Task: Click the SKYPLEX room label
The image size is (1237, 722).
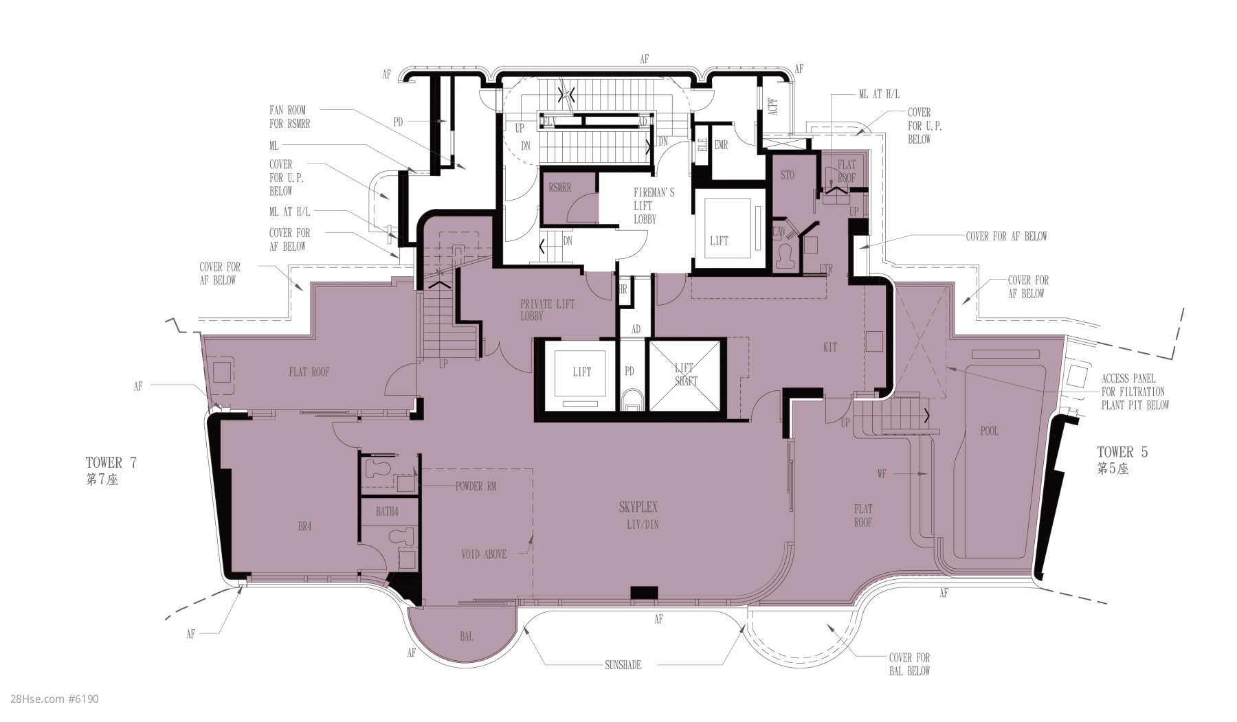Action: click(x=638, y=508)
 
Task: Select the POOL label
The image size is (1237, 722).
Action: click(x=990, y=431)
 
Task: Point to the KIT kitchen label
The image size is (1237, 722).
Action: click(x=830, y=347)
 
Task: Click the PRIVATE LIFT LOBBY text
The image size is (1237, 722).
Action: click(x=547, y=310)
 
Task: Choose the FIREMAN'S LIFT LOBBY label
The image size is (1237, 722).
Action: click(x=654, y=205)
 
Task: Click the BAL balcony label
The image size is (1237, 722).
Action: click(x=467, y=636)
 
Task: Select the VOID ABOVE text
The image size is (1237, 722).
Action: click(x=484, y=554)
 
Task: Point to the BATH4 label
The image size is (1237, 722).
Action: click(x=387, y=511)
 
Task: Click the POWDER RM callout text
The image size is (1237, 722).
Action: click(x=476, y=486)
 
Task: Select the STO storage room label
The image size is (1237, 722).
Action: click(x=788, y=175)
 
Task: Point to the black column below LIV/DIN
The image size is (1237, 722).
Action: click(x=644, y=592)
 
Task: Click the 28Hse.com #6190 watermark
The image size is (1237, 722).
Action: click(x=52, y=699)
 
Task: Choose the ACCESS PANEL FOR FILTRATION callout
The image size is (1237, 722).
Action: click(x=1135, y=392)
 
